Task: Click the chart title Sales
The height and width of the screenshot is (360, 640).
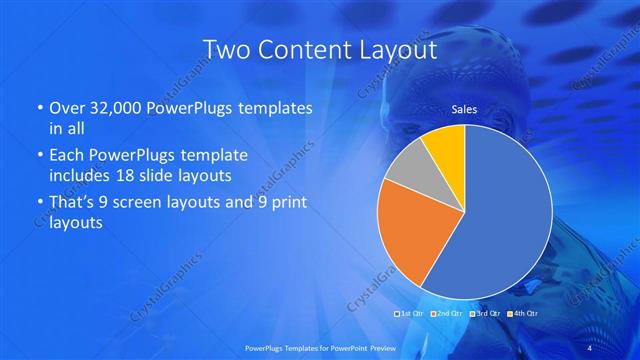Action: click(463, 109)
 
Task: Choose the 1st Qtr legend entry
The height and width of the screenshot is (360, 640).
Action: click(411, 315)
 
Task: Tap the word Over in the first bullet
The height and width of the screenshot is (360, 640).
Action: click(63, 107)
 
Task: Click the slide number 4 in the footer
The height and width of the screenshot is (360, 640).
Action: click(588, 347)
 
